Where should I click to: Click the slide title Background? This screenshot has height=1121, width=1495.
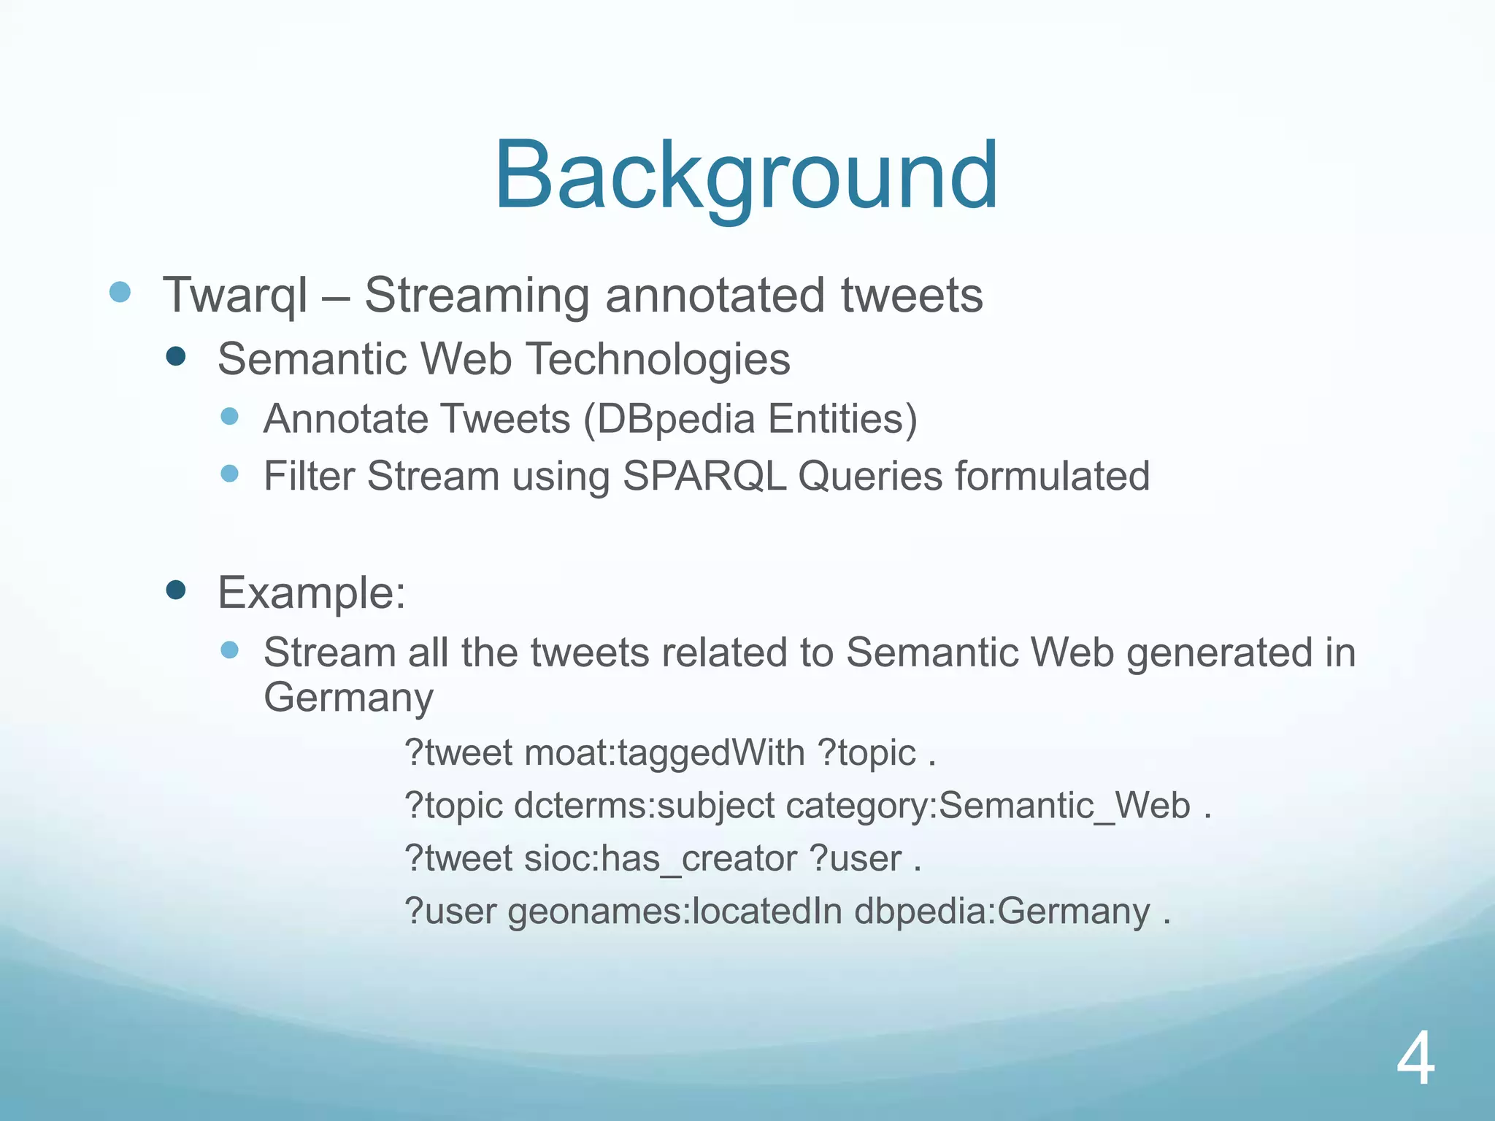[746, 177]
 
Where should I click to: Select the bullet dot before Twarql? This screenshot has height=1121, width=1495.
[120, 293]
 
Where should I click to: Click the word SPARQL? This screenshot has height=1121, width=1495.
[704, 477]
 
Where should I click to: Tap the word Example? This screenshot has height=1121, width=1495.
[312, 593]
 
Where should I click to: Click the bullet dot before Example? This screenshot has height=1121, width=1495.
[176, 590]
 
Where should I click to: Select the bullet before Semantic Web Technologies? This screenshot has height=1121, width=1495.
[176, 357]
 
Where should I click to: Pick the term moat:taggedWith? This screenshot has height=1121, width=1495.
[664, 752]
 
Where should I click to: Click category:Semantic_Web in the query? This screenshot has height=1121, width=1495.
[988, 806]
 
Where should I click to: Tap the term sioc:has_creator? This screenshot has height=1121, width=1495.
[660, 858]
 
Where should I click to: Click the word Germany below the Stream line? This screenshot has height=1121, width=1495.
[348, 698]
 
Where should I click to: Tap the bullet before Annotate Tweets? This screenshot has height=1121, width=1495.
[230, 417]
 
